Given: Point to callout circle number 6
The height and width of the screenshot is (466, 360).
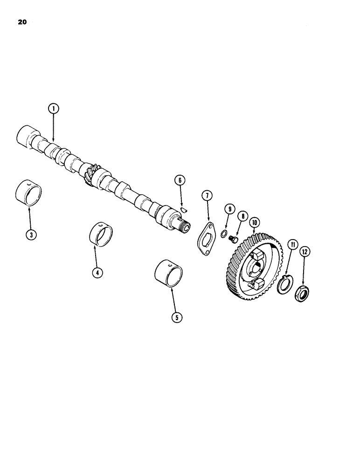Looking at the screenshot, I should (x=180, y=180).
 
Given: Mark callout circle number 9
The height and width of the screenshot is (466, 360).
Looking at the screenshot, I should (x=228, y=209).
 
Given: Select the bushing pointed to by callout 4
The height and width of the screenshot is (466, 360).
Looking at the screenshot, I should (x=102, y=233).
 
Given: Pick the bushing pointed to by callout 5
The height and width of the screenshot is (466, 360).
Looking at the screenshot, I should (x=168, y=274).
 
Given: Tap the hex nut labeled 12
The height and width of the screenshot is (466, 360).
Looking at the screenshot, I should (x=302, y=294).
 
